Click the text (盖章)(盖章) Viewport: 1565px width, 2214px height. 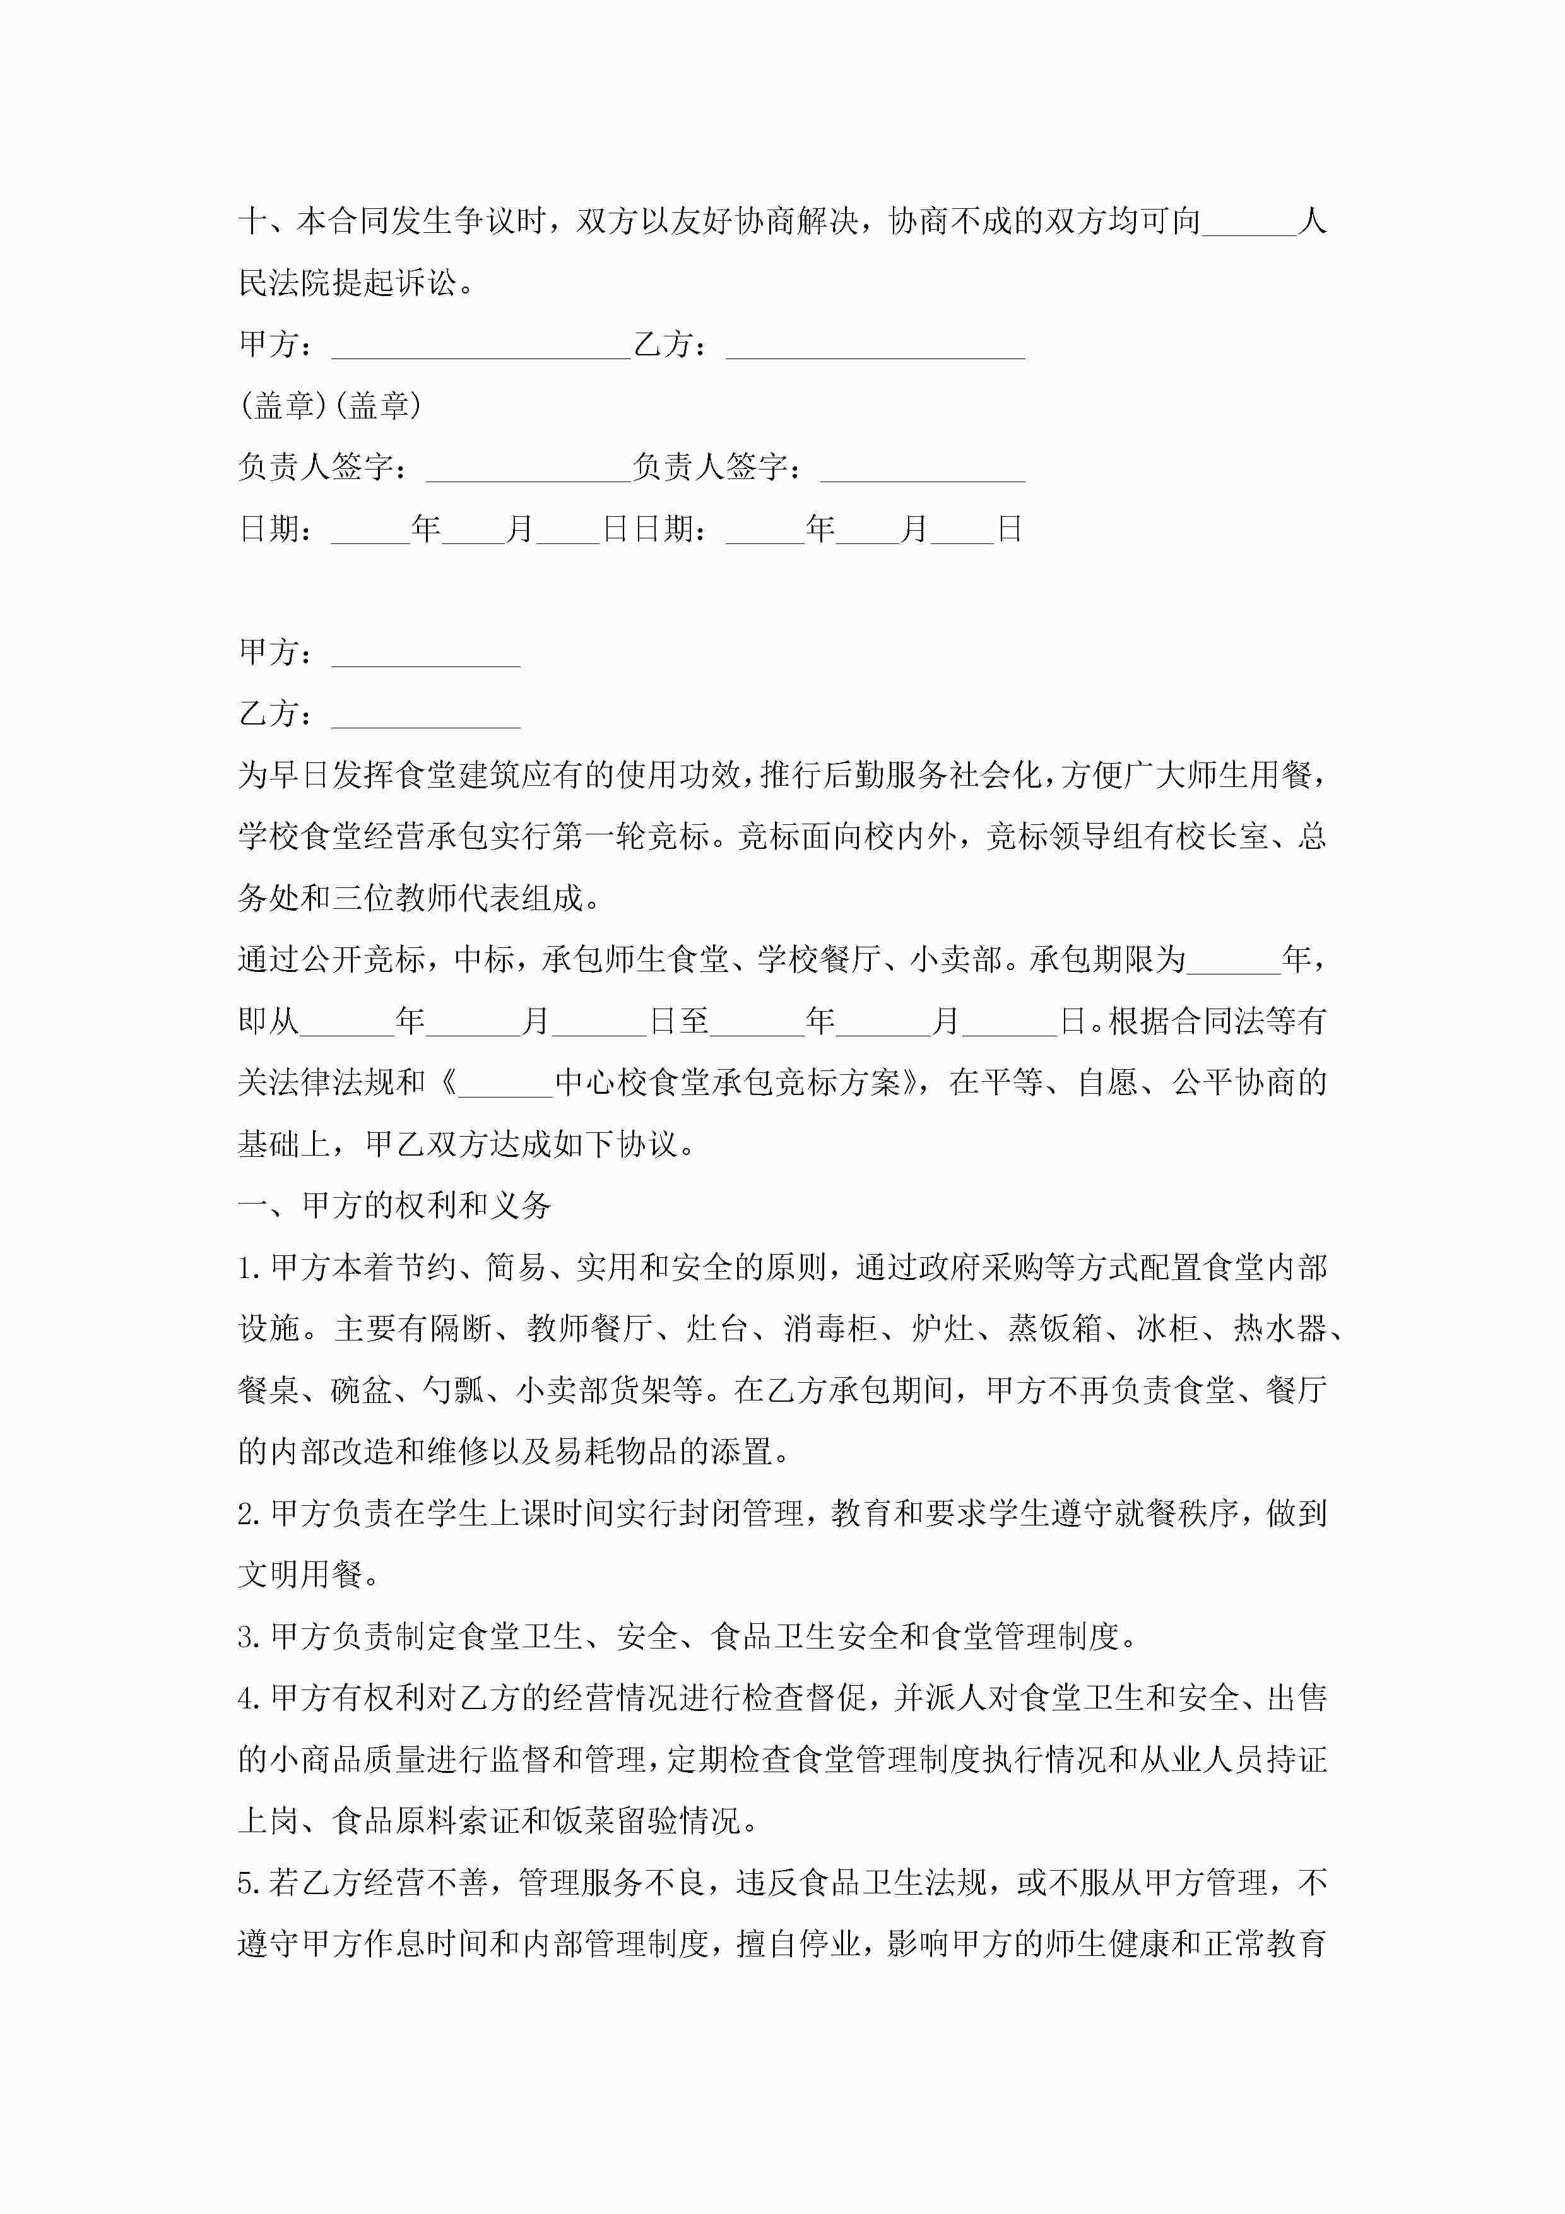point(330,406)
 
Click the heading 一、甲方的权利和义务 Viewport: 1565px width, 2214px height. point(394,1206)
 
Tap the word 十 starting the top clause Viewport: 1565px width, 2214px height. point(252,223)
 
